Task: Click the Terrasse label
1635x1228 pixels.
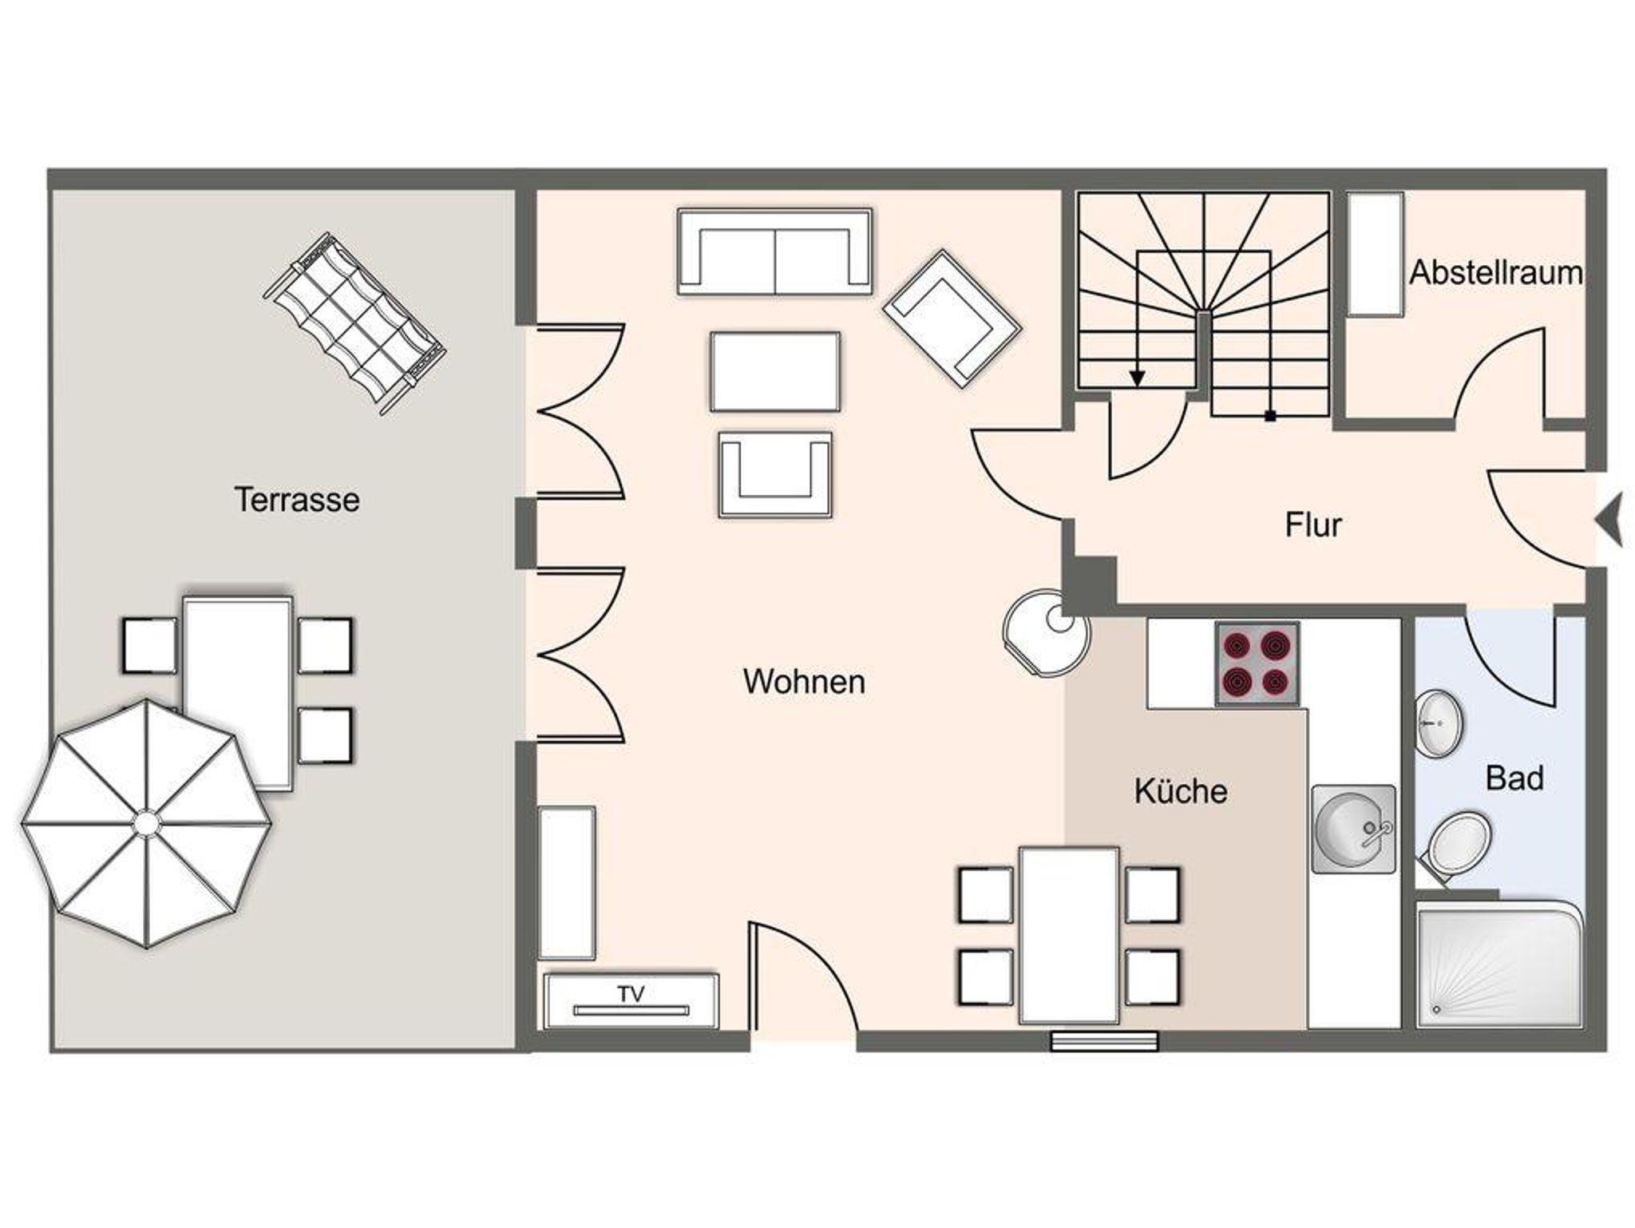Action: [297, 500]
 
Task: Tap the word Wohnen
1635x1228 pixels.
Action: [804, 681]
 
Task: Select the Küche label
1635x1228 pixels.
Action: [1181, 790]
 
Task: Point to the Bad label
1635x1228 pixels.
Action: [1514, 778]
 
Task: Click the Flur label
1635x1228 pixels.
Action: [1313, 525]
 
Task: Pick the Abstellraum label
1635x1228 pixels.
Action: [1496, 272]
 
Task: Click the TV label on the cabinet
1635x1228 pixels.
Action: [631, 994]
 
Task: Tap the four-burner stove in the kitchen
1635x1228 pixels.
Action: [1257, 664]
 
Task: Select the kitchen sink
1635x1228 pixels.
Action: [1353, 829]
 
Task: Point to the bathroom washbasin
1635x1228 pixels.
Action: [1439, 723]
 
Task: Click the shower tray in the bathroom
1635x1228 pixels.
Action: [1499, 965]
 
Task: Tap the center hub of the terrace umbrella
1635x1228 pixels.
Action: [146, 822]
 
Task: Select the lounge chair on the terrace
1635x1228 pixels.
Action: [354, 324]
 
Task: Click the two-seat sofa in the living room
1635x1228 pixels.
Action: [774, 252]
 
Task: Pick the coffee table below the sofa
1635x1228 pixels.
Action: [774, 372]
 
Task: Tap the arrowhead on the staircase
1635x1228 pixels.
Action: [1137, 378]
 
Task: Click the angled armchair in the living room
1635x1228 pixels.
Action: [952, 319]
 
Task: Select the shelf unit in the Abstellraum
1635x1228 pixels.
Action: [1376, 254]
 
